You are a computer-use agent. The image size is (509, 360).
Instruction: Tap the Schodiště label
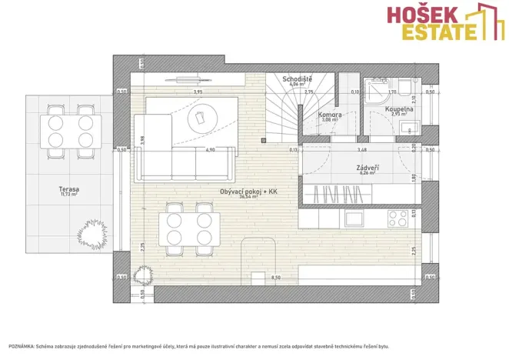coord(297,78)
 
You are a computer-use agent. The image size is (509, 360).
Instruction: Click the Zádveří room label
coord(366,167)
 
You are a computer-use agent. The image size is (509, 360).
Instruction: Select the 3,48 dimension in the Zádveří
coord(362,151)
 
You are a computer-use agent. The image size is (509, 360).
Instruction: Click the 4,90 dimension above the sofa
coord(209,151)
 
